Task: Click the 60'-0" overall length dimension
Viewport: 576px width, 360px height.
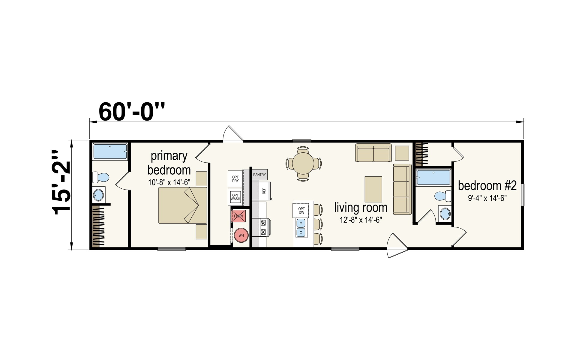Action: coord(132,112)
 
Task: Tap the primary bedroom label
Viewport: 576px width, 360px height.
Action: coord(169,163)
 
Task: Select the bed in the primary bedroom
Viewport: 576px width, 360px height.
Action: coord(183,205)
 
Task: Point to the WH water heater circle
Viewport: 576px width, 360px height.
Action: coord(241,235)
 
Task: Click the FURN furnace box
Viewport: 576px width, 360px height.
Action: coord(238,216)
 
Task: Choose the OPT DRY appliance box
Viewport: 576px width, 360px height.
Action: coord(235,179)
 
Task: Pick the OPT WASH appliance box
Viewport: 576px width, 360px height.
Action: coord(235,197)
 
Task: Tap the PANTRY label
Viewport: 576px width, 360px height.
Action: coord(259,175)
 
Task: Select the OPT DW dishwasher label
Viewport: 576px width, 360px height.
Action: coord(301,211)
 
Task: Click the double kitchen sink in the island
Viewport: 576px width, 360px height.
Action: coord(301,228)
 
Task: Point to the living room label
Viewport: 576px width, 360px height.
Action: coord(361,207)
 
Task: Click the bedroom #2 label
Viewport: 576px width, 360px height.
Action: coord(487,186)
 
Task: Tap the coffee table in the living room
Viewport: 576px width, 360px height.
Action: coord(373,189)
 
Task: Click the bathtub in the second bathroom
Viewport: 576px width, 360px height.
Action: coord(433,178)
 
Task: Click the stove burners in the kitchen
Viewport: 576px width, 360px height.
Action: coord(263,227)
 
